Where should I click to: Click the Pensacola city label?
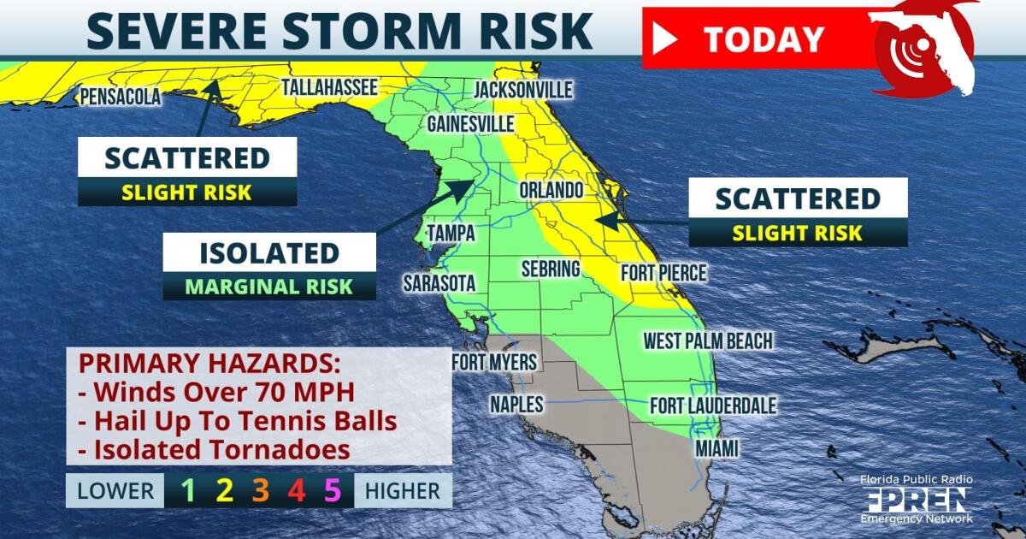coord(120,98)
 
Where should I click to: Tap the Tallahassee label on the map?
coord(329,87)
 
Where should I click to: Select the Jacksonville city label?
coord(522,90)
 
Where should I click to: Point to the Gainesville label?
coord(470,124)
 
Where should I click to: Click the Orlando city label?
coord(551,190)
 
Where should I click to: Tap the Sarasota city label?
coord(439,282)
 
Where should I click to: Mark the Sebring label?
coord(551,269)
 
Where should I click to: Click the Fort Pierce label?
coord(663,273)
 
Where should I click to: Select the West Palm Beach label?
coord(708,341)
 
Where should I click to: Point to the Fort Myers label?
coord(494,363)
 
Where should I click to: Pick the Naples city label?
coord(516,403)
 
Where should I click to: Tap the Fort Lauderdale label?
coord(713,405)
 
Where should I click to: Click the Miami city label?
coord(716,447)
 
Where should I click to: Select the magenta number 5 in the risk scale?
coord(333,490)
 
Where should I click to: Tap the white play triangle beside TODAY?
coord(664,38)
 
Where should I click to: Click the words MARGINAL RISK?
coord(268,286)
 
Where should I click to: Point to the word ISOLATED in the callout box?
coord(268,253)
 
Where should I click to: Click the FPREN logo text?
coord(916,500)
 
